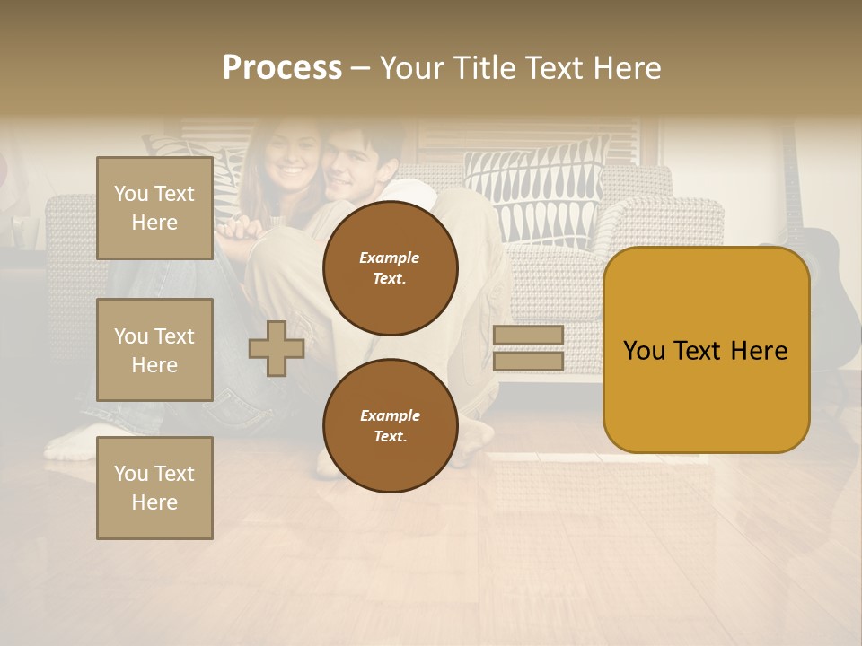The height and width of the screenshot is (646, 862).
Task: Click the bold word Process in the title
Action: (282, 68)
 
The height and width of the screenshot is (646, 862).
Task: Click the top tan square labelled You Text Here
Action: (154, 208)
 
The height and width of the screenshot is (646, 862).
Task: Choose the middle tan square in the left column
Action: (154, 350)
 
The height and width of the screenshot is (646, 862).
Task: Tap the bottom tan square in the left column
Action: (154, 487)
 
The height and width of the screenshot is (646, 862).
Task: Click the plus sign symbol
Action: (277, 348)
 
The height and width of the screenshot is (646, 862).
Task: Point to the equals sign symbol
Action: (528, 348)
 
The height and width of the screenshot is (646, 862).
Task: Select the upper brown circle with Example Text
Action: (390, 268)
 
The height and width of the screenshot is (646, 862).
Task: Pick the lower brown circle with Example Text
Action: (390, 426)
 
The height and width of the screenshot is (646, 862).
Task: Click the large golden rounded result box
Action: (706, 350)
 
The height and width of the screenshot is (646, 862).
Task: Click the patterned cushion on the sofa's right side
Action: (539, 193)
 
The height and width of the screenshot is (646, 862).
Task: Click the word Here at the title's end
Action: (629, 68)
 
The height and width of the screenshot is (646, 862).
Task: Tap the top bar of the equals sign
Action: (528, 336)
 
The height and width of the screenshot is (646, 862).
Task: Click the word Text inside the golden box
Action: (705, 351)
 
